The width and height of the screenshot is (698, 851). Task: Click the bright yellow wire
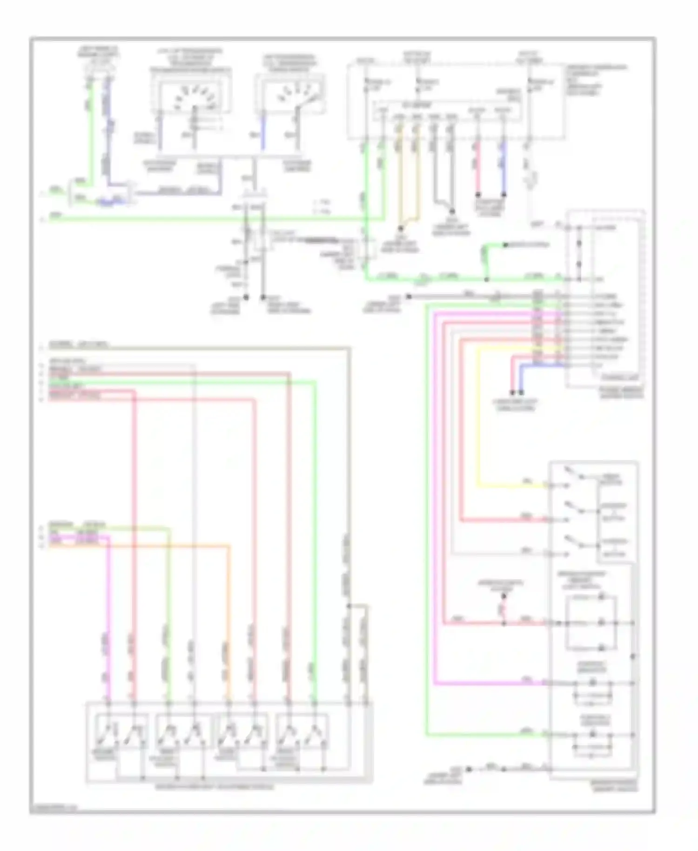pos(478,419)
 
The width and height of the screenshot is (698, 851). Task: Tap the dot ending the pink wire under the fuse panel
pos(477,195)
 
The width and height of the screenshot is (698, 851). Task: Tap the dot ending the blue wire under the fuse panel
pos(503,195)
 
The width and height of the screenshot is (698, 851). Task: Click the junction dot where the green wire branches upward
pos(486,279)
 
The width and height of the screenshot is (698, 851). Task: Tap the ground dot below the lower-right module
pos(469,769)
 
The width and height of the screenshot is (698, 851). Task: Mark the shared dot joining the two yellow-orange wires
pos(400,229)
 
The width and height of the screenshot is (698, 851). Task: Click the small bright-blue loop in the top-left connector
pos(107,202)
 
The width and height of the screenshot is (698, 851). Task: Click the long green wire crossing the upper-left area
pos(209,218)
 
